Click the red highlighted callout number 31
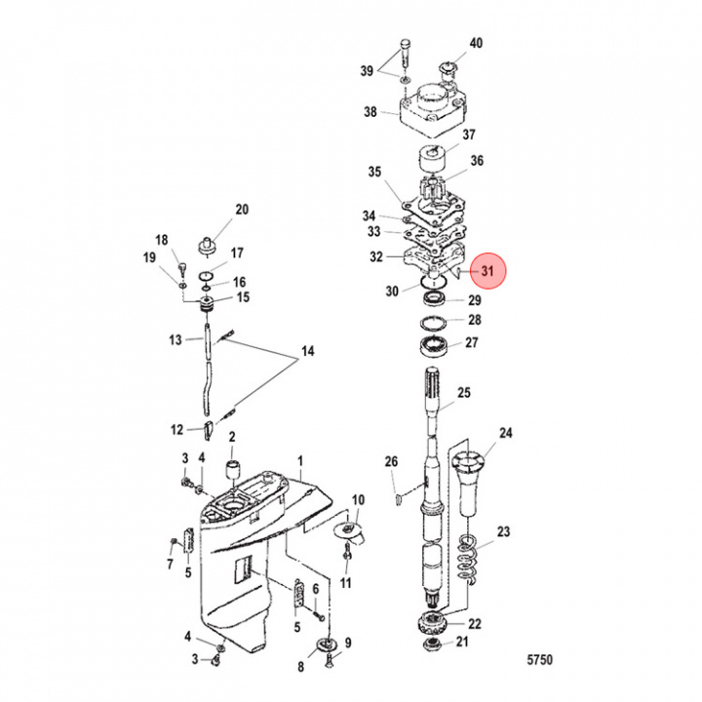pyautogui.click(x=487, y=270)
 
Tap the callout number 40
pyautogui.click(x=476, y=43)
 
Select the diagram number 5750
pyautogui.click(x=540, y=659)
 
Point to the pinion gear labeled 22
pyautogui.click(x=430, y=623)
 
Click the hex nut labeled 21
pyautogui.click(x=432, y=644)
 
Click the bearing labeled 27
pyautogui.click(x=434, y=345)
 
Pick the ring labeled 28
pyautogui.click(x=433, y=322)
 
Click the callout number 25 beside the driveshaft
pyautogui.click(x=464, y=393)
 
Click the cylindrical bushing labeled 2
pyautogui.click(x=233, y=470)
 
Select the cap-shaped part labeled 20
pyautogui.click(x=209, y=246)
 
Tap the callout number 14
pyautogui.click(x=308, y=351)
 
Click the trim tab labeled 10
pyautogui.click(x=349, y=532)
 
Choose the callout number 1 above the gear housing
pyautogui.click(x=300, y=460)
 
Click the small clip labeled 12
pyautogui.click(x=208, y=431)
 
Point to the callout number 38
pyautogui.click(x=370, y=111)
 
